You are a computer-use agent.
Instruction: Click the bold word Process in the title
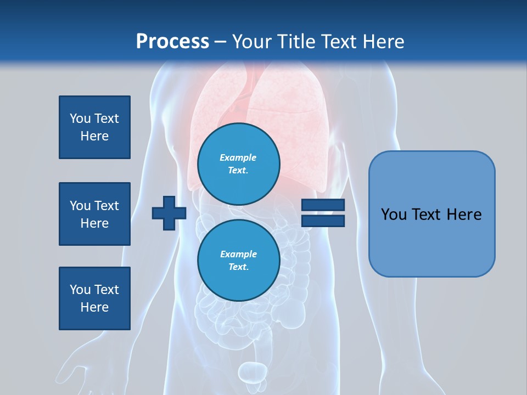[x=172, y=42]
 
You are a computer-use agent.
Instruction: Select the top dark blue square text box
[x=94, y=127]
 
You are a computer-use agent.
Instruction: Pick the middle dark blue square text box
[x=94, y=214]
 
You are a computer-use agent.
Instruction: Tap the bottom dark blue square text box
[x=94, y=298]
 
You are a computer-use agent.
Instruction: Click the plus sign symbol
[x=169, y=213]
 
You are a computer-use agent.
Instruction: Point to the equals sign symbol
[x=323, y=213]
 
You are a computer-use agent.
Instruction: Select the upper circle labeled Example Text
[x=239, y=163]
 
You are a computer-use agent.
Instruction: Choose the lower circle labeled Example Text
[x=239, y=260]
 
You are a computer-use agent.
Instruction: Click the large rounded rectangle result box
[x=431, y=214]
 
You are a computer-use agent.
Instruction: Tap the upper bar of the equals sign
[x=323, y=205]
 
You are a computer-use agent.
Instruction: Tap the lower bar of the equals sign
[x=323, y=221]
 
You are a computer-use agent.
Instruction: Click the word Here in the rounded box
[x=464, y=215]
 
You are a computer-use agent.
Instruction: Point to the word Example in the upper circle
[x=238, y=157]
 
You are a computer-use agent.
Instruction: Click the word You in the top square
[x=80, y=119]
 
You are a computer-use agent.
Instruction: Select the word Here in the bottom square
[x=94, y=307]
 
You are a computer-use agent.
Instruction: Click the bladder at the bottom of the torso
[x=253, y=373]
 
